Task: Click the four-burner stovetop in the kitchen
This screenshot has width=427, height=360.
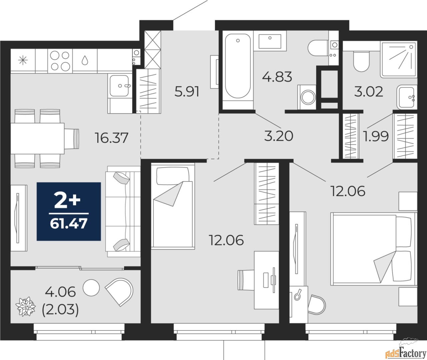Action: (x=60, y=61)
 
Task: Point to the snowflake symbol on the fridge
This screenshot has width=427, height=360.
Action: (x=23, y=61)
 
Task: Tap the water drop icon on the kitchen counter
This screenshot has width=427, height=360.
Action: (x=85, y=60)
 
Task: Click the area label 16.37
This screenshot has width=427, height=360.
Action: (x=111, y=138)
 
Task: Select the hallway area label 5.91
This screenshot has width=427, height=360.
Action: (x=187, y=92)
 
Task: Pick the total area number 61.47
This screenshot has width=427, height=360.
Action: (x=69, y=223)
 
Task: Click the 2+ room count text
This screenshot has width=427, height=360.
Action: (x=67, y=201)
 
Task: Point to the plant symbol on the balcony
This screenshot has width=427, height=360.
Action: (x=26, y=307)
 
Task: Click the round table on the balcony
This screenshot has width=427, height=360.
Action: (x=91, y=288)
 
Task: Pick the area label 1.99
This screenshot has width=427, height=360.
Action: (x=376, y=136)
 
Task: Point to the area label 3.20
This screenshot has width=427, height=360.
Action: (x=279, y=136)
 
